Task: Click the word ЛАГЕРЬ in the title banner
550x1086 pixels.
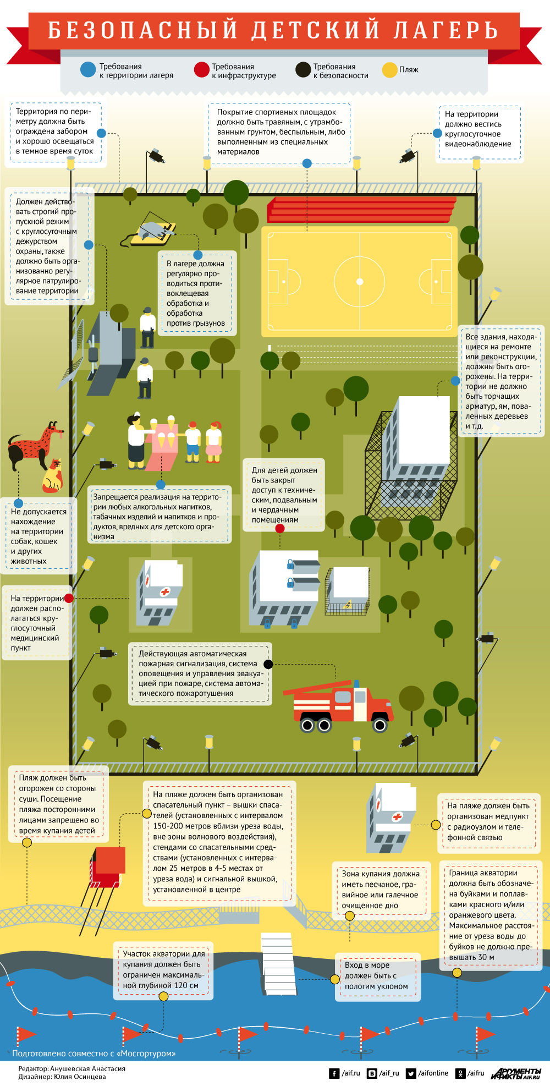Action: pyautogui.click(x=446, y=30)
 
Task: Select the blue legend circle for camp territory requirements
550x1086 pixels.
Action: pyautogui.click(x=88, y=70)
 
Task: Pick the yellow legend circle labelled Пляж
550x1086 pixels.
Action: pyautogui.click(x=390, y=70)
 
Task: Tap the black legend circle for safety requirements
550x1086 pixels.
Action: pyautogui.click(x=303, y=70)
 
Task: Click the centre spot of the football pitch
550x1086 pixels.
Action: pyautogui.click(x=360, y=282)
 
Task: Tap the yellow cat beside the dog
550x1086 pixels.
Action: pyautogui.click(x=53, y=476)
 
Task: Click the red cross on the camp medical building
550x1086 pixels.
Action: pyautogui.click(x=164, y=592)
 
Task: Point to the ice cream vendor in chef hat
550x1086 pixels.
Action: pyautogui.click(x=136, y=440)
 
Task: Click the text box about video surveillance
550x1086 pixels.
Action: pyautogui.click(x=478, y=129)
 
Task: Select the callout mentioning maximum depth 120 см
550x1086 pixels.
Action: pyautogui.click(x=163, y=969)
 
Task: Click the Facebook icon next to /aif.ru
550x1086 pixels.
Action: pyautogui.click(x=334, y=1073)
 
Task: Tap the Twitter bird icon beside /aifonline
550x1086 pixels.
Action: pyautogui.click(x=411, y=1073)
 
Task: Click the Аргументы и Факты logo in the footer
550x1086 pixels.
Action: pyautogui.click(x=516, y=1073)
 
